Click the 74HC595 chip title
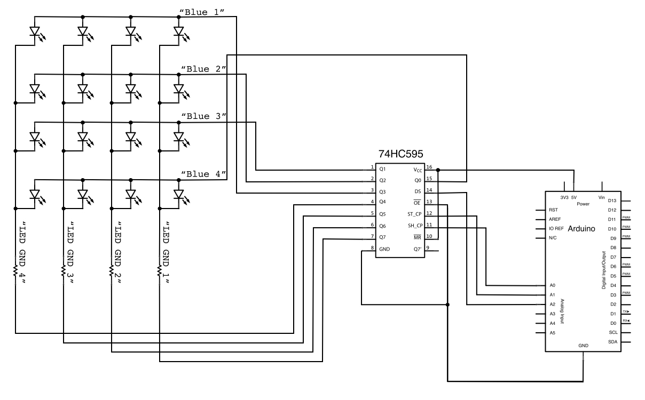click(x=400, y=154)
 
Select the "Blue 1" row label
click(x=204, y=11)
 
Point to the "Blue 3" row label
click(x=204, y=116)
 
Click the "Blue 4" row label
click(x=204, y=174)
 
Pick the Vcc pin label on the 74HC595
click(x=419, y=169)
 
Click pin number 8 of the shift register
click(x=372, y=249)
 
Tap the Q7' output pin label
click(x=417, y=249)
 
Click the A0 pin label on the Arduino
click(x=552, y=285)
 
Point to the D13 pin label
click(x=612, y=200)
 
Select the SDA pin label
click(x=613, y=342)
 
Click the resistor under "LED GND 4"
click(x=15, y=271)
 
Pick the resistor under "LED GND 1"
click(x=160, y=271)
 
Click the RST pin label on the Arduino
click(x=553, y=210)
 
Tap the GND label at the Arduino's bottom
click(x=583, y=345)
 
